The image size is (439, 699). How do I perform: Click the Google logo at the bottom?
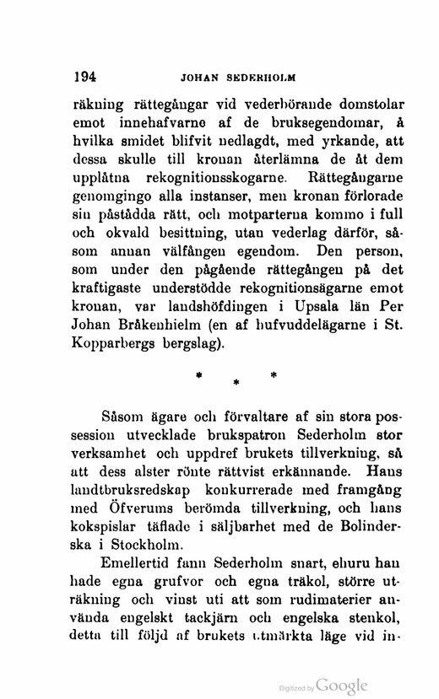tap(343, 686)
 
